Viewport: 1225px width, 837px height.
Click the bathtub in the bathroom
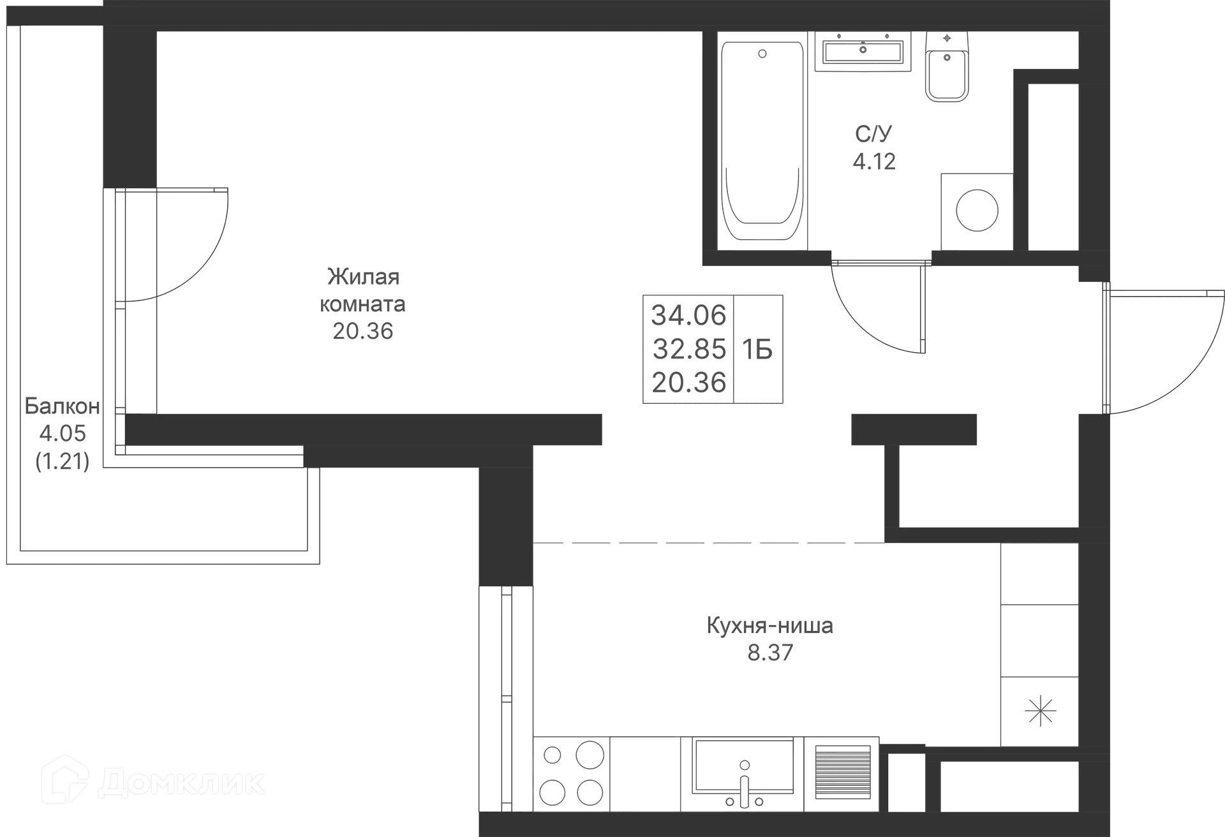(x=762, y=140)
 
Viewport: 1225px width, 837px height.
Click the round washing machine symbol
(x=976, y=209)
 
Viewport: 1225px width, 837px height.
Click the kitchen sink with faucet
(x=744, y=773)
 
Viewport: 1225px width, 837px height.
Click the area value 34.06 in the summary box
(x=689, y=315)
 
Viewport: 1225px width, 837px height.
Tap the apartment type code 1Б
(x=759, y=350)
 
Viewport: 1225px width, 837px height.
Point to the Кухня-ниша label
(x=769, y=625)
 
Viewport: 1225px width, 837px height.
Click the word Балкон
(x=63, y=406)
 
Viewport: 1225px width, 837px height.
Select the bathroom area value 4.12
(x=875, y=162)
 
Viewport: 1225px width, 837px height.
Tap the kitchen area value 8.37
(x=769, y=653)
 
